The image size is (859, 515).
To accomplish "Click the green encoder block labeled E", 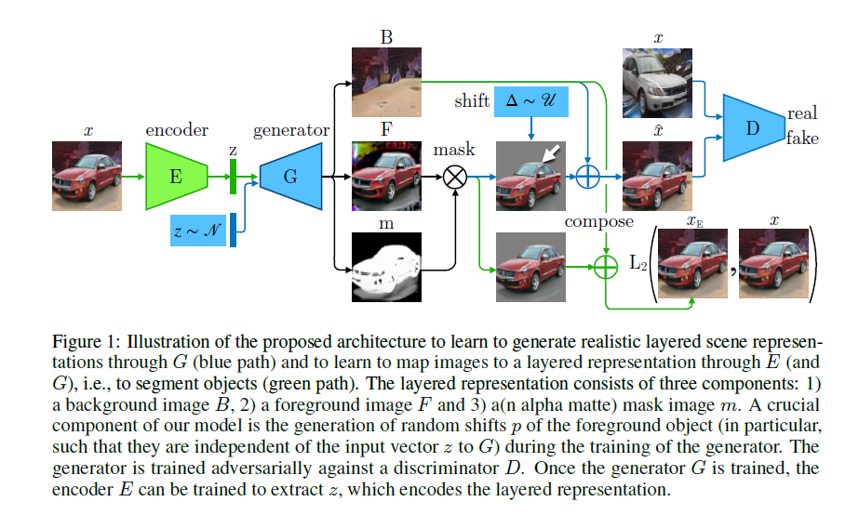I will [x=175, y=175].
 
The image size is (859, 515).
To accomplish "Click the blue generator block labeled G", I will [x=289, y=175].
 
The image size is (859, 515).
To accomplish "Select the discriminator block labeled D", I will [x=752, y=127].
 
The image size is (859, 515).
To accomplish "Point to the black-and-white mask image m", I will [x=386, y=268].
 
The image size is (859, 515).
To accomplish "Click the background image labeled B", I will [x=386, y=83].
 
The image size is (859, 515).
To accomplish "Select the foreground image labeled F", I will [x=386, y=175].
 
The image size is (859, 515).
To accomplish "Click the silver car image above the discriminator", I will [x=656, y=84].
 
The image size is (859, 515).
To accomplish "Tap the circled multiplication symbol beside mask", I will [x=454, y=176].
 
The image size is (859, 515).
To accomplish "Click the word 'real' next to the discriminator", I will [x=802, y=113].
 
